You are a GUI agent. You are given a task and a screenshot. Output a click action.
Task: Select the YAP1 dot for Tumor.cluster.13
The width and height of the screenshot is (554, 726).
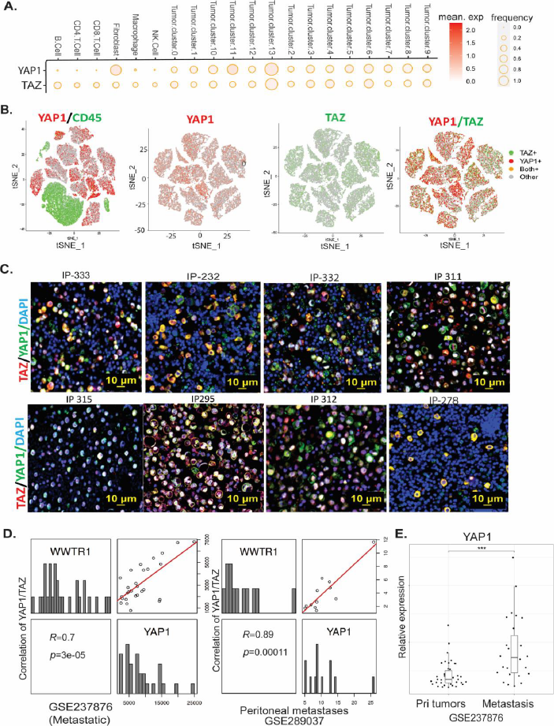(x=270, y=70)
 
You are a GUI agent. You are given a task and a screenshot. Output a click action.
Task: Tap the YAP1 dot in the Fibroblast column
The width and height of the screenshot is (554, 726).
(x=115, y=70)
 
